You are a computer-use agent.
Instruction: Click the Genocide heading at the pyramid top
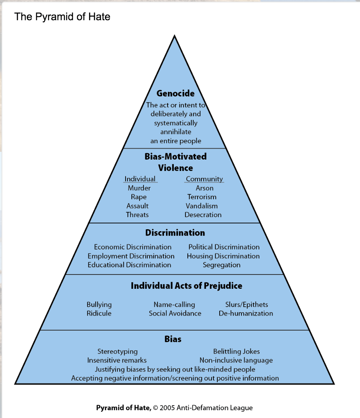tap(175, 93)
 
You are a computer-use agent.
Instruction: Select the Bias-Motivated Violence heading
tap(175, 162)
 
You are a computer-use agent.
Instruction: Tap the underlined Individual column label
tap(140, 179)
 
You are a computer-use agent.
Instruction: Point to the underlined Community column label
tap(204, 179)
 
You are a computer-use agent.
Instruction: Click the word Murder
tap(139, 188)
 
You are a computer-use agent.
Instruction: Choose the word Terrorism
tap(202, 197)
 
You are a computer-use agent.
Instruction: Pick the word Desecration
tap(203, 215)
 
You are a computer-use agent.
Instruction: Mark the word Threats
tap(137, 215)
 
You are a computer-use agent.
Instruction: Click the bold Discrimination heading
tap(175, 233)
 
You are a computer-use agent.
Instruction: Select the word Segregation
tap(222, 265)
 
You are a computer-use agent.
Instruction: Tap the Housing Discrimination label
tap(223, 256)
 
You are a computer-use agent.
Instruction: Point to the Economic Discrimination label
tap(133, 247)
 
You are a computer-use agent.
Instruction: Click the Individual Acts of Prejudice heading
tap(186, 286)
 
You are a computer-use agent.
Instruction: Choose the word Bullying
tap(99, 305)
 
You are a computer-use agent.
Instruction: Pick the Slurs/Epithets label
tap(246, 305)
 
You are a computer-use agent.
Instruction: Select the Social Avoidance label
tap(175, 313)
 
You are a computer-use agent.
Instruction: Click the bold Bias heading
tap(173, 339)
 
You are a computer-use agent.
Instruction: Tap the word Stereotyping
tap(117, 351)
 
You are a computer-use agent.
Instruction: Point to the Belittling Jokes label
tap(236, 351)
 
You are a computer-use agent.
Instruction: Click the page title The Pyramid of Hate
tap(62, 17)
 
